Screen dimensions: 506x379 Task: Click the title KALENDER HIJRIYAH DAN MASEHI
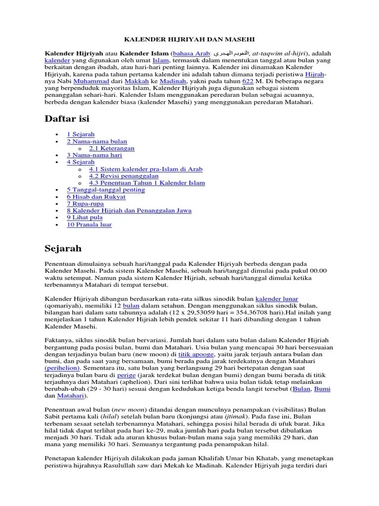pos(189,39)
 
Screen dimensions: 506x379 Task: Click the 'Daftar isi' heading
pos(67,119)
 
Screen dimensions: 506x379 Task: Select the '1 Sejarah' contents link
pos(81,134)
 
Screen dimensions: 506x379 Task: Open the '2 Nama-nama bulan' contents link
pos(97,141)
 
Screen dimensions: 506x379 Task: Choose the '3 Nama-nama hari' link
pos(94,155)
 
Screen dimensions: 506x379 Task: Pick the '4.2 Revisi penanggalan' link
pos(123,176)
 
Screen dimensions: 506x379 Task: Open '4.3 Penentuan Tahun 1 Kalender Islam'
pos(147,183)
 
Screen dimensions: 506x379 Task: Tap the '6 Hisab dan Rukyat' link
pos(96,197)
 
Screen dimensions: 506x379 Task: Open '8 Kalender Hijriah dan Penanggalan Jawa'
pos(129,211)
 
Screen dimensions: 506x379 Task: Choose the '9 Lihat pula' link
pos(84,217)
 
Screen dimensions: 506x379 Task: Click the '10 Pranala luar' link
pos(89,224)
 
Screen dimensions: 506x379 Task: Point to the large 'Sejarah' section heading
pos(63,248)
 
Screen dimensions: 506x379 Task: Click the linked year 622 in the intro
pos(248,81)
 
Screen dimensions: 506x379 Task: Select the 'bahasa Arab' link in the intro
pos(191,53)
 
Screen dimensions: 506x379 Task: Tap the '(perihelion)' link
pos(64,368)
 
